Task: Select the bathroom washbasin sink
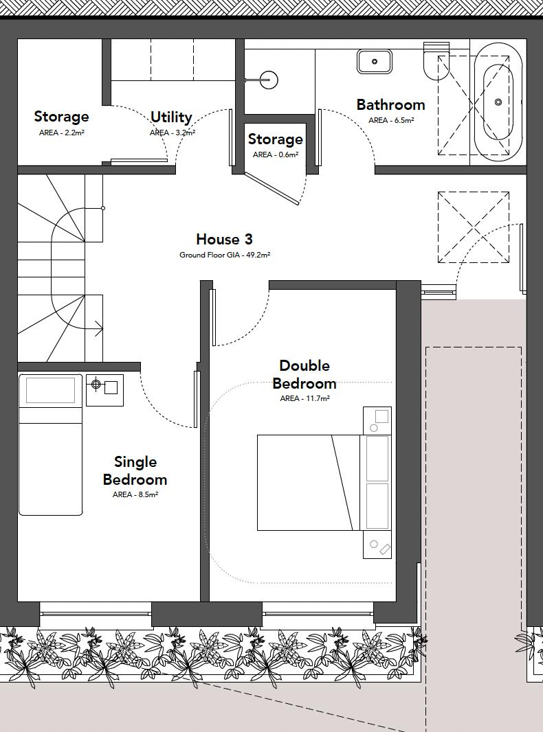click(x=374, y=61)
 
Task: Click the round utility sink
click(x=269, y=80)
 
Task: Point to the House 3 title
click(x=224, y=239)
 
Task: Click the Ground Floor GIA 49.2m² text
click(x=225, y=255)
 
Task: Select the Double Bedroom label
click(x=304, y=374)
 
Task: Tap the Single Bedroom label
click(x=135, y=470)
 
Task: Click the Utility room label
click(x=171, y=117)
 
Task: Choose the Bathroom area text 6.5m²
click(x=391, y=120)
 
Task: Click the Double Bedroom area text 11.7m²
click(x=304, y=398)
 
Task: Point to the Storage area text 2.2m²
click(x=61, y=133)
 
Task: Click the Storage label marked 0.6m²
click(x=275, y=139)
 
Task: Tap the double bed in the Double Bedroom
click(x=309, y=482)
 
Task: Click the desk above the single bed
click(x=50, y=390)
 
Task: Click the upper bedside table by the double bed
click(x=377, y=420)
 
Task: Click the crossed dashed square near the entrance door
click(x=473, y=227)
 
